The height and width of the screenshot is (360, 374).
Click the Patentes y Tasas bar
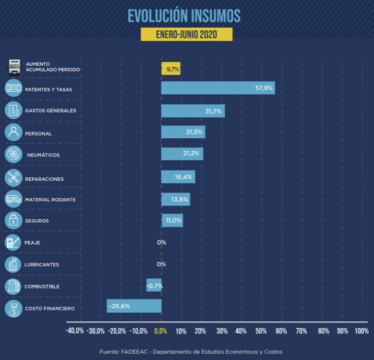click(218, 88)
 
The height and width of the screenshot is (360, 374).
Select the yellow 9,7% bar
click(171, 68)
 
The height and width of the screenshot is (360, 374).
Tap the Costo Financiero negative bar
click(134, 306)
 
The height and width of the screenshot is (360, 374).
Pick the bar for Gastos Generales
click(192, 111)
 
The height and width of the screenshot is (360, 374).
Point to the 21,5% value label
click(194, 133)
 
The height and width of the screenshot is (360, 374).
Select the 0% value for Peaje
click(161, 242)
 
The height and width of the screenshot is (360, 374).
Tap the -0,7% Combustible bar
click(154, 285)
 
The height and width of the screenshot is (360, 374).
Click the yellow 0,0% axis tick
click(160, 331)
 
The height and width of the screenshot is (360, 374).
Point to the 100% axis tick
click(361, 331)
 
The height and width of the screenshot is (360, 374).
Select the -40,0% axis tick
click(75, 331)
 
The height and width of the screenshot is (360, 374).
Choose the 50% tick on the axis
click(261, 331)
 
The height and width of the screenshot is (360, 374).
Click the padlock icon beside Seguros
click(13, 220)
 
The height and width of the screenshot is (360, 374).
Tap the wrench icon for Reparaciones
click(13, 177)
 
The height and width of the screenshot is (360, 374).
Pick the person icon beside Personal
click(13, 133)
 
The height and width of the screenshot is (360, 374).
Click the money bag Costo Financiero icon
click(13, 308)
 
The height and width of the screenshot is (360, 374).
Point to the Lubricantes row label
click(42, 265)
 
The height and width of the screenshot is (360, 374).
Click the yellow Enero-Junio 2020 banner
click(186, 34)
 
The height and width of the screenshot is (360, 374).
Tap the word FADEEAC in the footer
click(135, 351)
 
